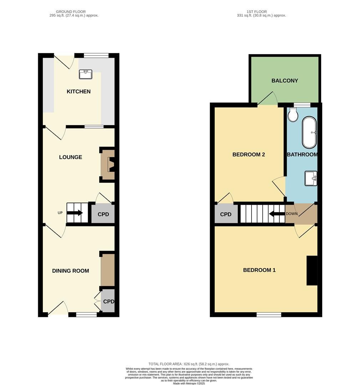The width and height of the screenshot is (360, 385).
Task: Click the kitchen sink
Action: tap(85, 74)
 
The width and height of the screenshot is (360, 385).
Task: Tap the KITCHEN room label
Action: tap(78, 92)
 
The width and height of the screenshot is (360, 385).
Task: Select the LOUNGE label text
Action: tap(70, 157)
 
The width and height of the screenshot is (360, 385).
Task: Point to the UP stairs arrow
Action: tap(75, 213)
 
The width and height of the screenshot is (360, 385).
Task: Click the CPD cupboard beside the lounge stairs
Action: tap(103, 214)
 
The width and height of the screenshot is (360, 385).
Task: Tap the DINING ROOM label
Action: tap(70, 271)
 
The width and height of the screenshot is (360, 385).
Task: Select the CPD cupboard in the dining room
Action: tap(108, 302)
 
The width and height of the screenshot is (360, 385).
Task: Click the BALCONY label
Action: tap(284, 81)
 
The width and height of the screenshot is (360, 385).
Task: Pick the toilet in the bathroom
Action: tap(293, 115)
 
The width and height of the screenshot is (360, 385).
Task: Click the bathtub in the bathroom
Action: tap(309, 133)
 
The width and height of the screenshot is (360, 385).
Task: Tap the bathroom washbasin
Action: tap(311, 178)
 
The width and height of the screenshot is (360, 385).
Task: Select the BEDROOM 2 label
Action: tap(248, 155)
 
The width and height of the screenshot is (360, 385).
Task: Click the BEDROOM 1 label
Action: tap(259, 270)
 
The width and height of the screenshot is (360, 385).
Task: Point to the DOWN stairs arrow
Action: tap(277, 214)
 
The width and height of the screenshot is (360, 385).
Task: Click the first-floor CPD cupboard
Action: tap(225, 215)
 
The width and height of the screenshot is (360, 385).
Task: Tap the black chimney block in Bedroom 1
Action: tap(312, 271)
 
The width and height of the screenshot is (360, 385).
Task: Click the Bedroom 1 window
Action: tap(269, 315)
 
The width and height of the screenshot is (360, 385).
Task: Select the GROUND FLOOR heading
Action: tap(73, 12)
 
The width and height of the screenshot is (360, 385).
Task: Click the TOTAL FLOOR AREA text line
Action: tap(189, 364)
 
